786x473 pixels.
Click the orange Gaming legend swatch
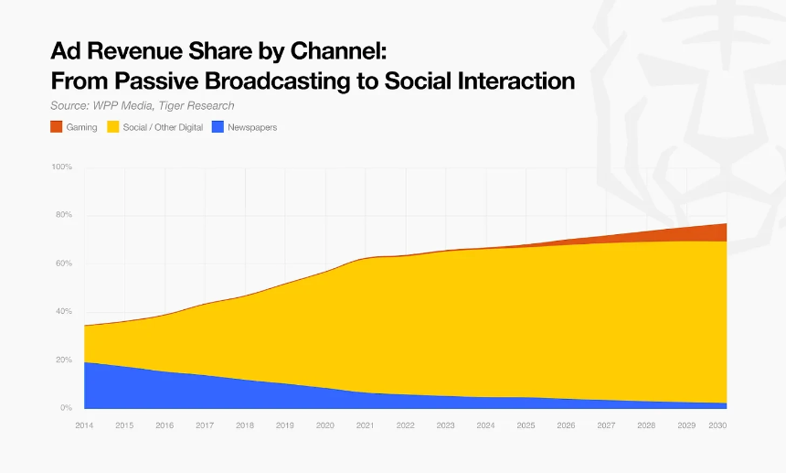coord(56,127)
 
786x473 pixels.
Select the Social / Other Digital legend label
coord(163,127)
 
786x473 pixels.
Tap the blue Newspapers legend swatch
coord(218,127)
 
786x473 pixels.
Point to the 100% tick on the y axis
coord(61,167)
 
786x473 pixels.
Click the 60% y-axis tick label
coord(63,263)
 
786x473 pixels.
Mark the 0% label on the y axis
coord(66,408)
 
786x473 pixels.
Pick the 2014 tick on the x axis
coord(84,425)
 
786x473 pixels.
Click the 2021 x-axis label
coord(365,425)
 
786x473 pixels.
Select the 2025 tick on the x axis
coord(526,425)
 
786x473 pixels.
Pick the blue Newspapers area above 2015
coord(124,388)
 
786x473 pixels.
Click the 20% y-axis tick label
coord(63,360)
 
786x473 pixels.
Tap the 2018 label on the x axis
coord(245,425)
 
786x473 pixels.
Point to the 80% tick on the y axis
coord(63,215)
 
